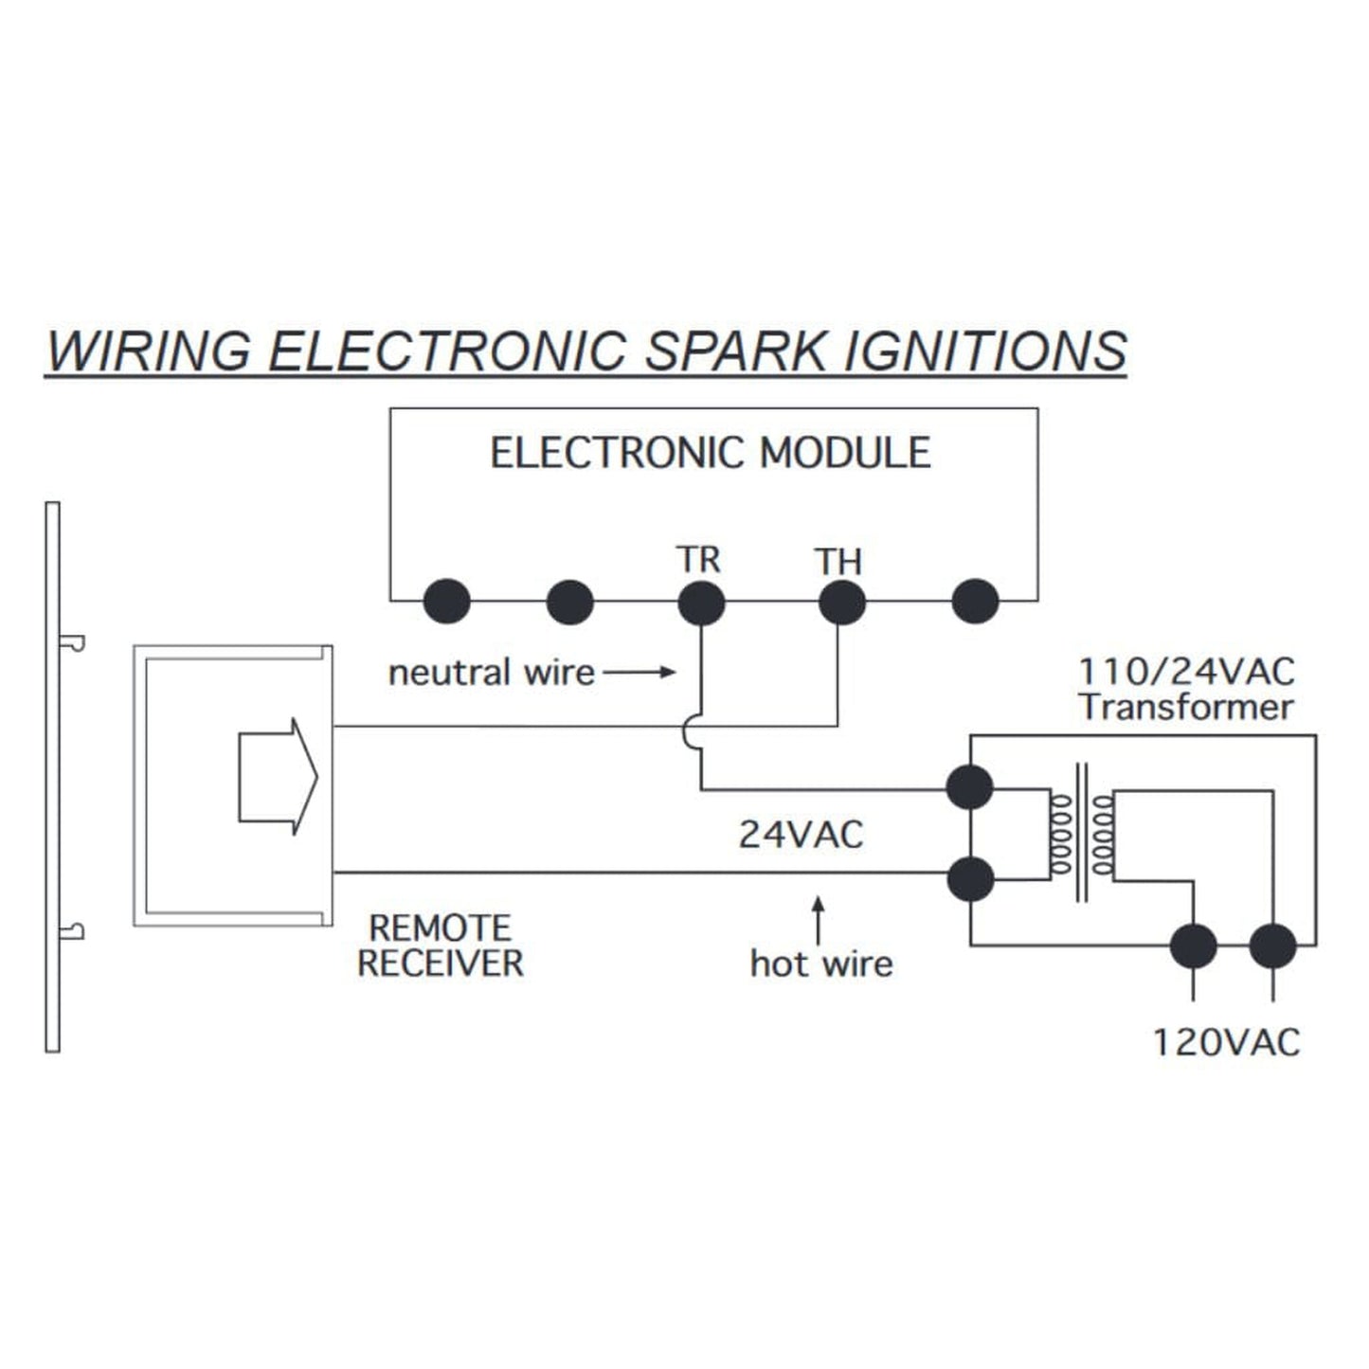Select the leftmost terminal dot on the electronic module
click(446, 602)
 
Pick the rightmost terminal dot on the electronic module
click(975, 602)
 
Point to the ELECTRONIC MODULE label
click(711, 453)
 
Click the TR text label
click(698, 560)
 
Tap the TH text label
click(838, 562)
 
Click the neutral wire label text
click(492, 673)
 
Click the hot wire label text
click(821, 964)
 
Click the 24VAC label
click(802, 835)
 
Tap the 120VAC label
click(1226, 1042)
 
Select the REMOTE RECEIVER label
click(441, 946)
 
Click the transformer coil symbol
click(1081, 834)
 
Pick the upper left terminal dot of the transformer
click(970, 787)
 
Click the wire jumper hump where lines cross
click(692, 734)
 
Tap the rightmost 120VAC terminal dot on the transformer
click(1272, 946)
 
